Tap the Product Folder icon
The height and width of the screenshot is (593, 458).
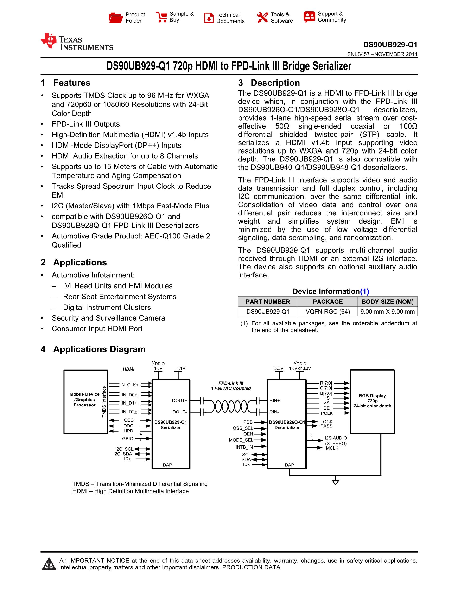116,18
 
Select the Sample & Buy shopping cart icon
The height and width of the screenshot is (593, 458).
161,17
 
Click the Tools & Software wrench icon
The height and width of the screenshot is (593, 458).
262,18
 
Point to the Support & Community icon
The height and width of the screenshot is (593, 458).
309,17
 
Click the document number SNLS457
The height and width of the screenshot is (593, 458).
358,54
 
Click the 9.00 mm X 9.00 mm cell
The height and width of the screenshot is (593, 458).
387,311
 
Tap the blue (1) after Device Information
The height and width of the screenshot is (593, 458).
364,291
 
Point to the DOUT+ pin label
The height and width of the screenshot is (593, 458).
180,400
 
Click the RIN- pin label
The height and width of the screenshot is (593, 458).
274,412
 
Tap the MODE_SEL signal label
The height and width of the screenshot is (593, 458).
241,440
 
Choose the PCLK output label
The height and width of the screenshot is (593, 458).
327,413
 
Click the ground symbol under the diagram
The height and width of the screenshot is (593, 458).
336,482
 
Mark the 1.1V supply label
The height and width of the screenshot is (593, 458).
181,368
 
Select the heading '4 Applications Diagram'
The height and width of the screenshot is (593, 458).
93,349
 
